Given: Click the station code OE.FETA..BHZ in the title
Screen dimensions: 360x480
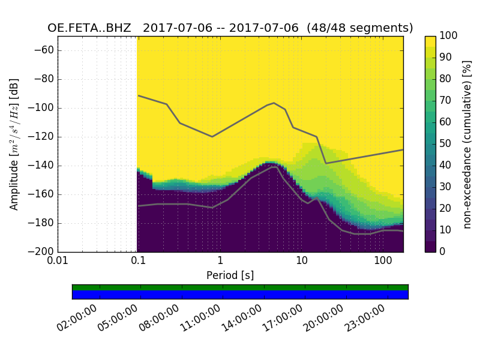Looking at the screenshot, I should tap(89, 28).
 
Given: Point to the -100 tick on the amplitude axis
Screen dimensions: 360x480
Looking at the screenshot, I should tap(42, 108).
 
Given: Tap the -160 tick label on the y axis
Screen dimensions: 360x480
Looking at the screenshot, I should tap(42, 194).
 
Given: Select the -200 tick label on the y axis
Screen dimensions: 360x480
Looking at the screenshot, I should tap(42, 252).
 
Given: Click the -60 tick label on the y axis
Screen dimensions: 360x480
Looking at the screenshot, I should tap(44, 50).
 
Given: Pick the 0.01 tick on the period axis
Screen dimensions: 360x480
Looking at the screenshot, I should tap(58, 261).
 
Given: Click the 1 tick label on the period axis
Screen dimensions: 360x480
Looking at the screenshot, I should tap(220, 261).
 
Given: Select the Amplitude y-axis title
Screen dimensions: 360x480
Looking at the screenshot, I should tap(14, 144).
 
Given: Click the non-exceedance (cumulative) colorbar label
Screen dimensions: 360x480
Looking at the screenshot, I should tap(467, 144).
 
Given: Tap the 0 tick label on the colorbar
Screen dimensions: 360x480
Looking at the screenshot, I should tap(443, 252).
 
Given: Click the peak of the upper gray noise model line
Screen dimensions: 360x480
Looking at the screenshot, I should tap(274, 103).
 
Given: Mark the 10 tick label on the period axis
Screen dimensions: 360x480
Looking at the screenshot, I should tap(301, 261).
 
